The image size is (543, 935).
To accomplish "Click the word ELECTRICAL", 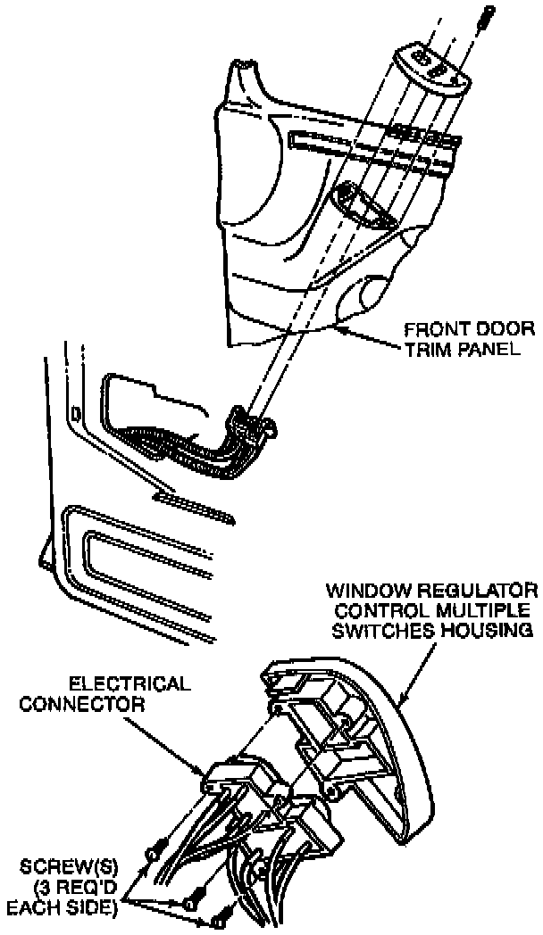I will click(x=129, y=684).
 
